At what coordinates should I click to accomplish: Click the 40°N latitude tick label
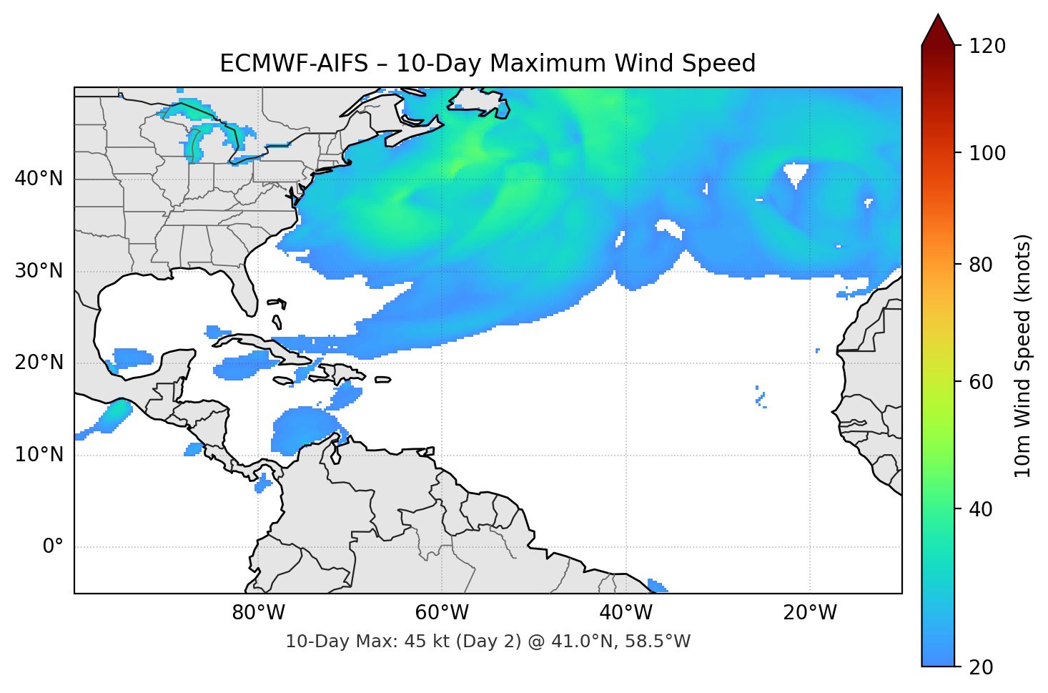39,179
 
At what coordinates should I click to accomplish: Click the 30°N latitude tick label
39,271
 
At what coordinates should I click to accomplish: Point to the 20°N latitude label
39,363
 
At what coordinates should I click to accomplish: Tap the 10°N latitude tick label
39,455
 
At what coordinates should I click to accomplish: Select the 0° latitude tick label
52,547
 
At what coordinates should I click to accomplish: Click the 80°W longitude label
258,613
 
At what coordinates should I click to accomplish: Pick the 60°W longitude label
442,613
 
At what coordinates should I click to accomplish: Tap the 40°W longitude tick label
626,613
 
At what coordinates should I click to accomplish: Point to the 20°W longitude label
810,613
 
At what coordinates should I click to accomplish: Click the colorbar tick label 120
987,46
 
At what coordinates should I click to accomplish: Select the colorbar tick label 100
987,153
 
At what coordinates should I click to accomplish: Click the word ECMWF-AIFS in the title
293,64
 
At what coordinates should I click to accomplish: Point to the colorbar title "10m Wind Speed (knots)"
1023,356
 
